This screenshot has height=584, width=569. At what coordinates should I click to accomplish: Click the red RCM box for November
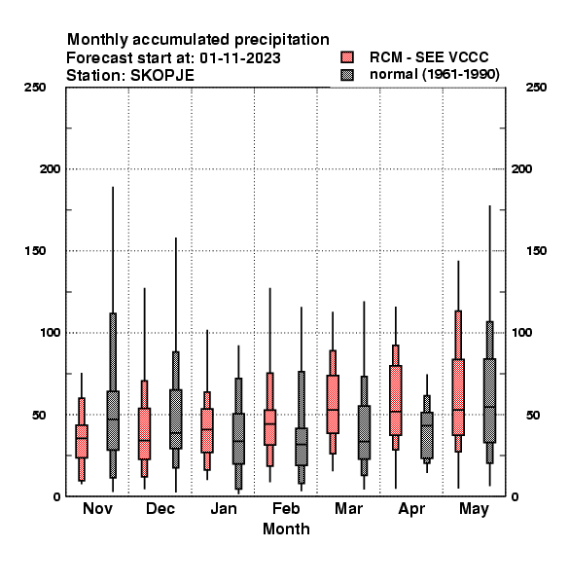tap(82, 441)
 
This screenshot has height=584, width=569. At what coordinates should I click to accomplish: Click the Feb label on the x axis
tap(286, 508)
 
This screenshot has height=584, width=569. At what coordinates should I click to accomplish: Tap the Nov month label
tap(97, 508)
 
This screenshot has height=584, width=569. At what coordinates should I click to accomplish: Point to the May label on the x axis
tap(474, 509)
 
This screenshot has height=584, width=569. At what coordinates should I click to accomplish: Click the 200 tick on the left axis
tap(50, 169)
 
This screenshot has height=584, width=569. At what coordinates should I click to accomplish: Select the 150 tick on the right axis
tap(536, 251)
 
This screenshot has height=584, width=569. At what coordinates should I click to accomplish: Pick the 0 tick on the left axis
tap(56, 496)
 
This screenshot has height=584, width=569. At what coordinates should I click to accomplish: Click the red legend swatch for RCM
tap(347, 57)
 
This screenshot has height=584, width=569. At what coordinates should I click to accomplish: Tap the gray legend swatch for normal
tap(347, 75)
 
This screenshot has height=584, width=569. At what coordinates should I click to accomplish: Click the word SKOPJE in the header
tap(161, 76)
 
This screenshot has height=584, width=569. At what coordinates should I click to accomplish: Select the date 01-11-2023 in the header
tap(239, 58)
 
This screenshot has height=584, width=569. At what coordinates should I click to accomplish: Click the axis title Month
tap(286, 529)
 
